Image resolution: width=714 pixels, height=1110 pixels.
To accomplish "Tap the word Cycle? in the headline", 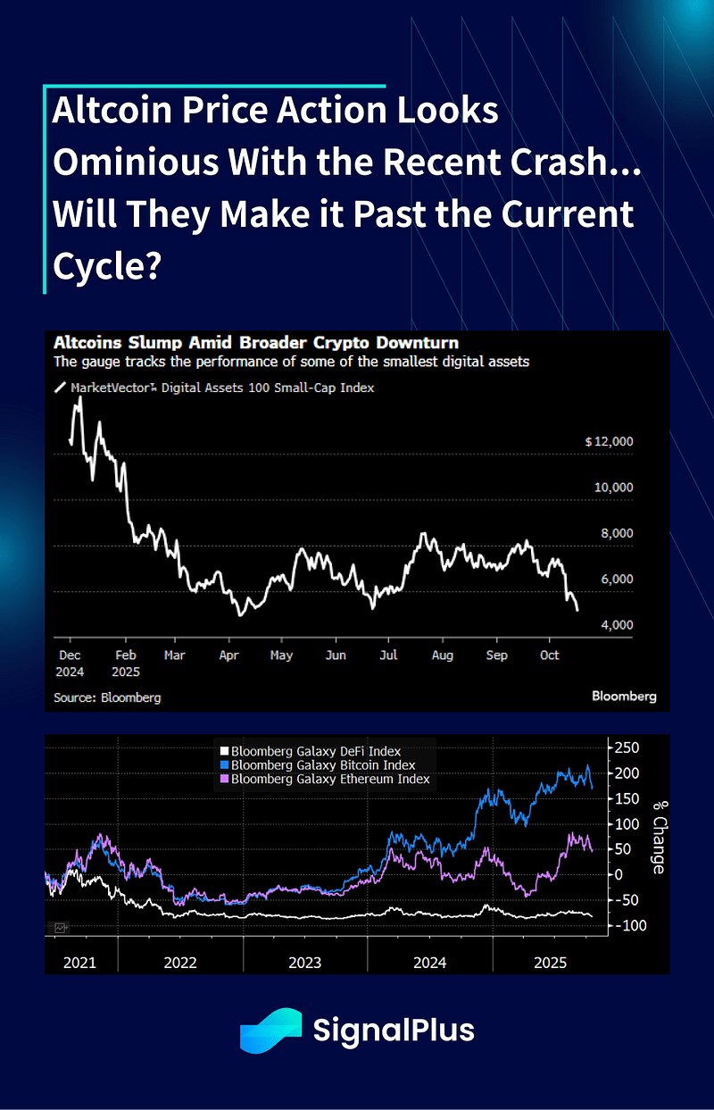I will [x=106, y=265].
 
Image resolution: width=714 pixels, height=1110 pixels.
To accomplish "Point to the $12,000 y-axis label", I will [x=609, y=442].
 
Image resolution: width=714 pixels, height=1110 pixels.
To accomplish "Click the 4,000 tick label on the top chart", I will [x=615, y=625].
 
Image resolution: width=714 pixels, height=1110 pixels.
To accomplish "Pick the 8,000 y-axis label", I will [x=615, y=534].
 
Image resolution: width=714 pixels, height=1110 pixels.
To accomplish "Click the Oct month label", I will [x=550, y=655].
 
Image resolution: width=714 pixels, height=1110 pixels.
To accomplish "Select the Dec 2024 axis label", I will [x=71, y=663].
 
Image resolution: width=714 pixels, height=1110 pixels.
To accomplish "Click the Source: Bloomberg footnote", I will [x=107, y=697].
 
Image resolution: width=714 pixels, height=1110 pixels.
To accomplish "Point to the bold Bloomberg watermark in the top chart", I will [x=624, y=696].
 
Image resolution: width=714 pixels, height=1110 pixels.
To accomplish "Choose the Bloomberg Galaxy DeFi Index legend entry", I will [x=315, y=752].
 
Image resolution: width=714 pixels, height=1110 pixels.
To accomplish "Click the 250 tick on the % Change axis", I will [x=626, y=747].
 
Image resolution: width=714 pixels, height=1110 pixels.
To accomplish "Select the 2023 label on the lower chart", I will [x=305, y=964].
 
